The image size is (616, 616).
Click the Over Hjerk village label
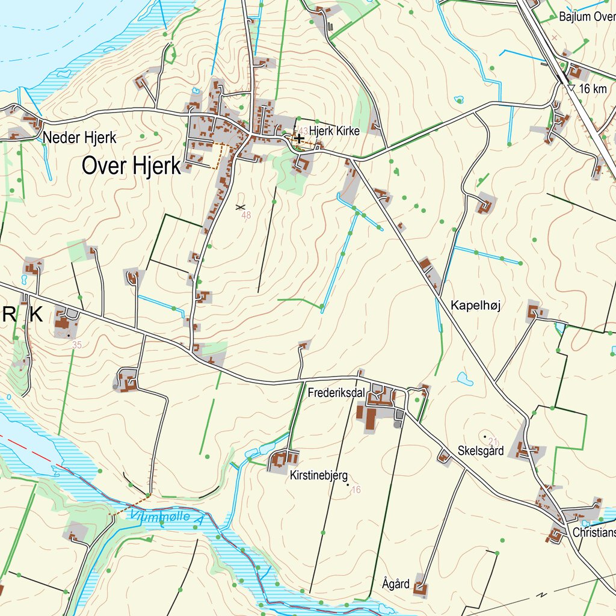[x=131, y=166]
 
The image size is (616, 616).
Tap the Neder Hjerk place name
[x=79, y=138]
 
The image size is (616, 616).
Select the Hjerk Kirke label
[x=334, y=131]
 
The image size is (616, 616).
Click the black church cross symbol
[x=298, y=138]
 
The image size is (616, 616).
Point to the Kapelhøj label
[x=475, y=306]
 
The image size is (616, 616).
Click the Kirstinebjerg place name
[x=318, y=476]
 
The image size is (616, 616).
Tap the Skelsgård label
[x=480, y=451]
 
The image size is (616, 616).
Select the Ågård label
[x=396, y=584]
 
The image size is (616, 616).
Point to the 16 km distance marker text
[x=593, y=89]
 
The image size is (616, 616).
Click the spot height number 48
[x=245, y=215]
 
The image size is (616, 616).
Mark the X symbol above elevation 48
[x=241, y=207]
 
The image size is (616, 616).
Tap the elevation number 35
[x=76, y=345]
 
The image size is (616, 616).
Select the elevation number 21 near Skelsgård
[x=494, y=441]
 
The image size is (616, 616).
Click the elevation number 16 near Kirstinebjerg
[x=356, y=490]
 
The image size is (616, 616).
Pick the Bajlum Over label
[x=587, y=17]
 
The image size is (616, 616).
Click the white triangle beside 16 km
[x=571, y=88]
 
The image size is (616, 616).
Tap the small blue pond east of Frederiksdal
[x=465, y=379]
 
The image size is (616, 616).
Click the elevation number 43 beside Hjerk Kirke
[x=303, y=131]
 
